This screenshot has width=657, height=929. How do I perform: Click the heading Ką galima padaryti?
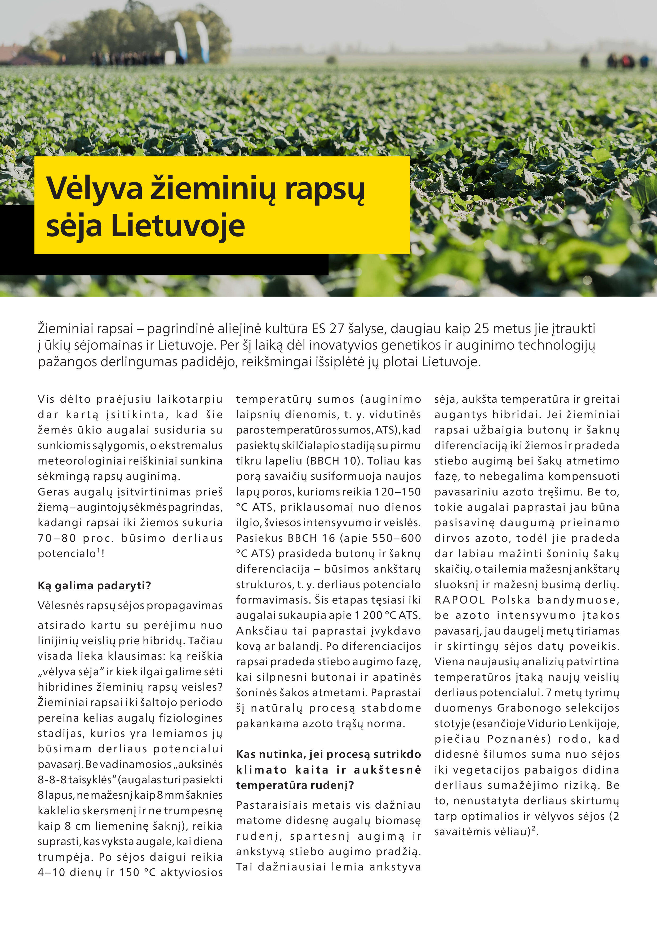[x=94, y=586]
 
